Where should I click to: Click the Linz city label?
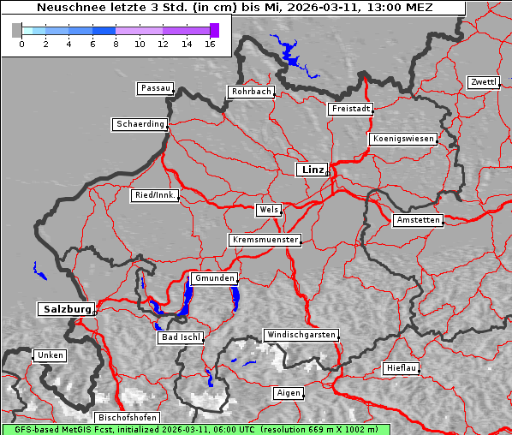pyautogui.click(x=312, y=170)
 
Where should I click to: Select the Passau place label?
pyautogui.click(x=155, y=88)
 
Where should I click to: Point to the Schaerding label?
pyautogui.click(x=140, y=124)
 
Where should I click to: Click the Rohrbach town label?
pyautogui.click(x=250, y=92)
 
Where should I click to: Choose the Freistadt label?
pyautogui.click(x=350, y=109)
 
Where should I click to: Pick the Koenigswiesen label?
pyautogui.click(x=403, y=139)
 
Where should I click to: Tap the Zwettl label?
pyautogui.click(x=483, y=82)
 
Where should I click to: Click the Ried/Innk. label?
pyautogui.click(x=155, y=195)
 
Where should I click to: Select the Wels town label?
pyautogui.click(x=268, y=210)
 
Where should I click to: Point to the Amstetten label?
pyautogui.click(x=418, y=220)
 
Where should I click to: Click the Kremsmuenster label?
pyautogui.click(x=265, y=240)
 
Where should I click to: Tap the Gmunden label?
pyautogui.click(x=213, y=278)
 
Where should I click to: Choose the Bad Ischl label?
pyautogui.click(x=180, y=337)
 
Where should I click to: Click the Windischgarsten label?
pyautogui.click(x=301, y=335)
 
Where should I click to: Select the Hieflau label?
pyautogui.click(x=401, y=368)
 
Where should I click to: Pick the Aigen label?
pyautogui.click(x=288, y=393)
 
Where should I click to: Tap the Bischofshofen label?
pyautogui.click(x=126, y=418)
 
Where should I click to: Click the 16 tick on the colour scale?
pyautogui.click(x=210, y=43)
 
